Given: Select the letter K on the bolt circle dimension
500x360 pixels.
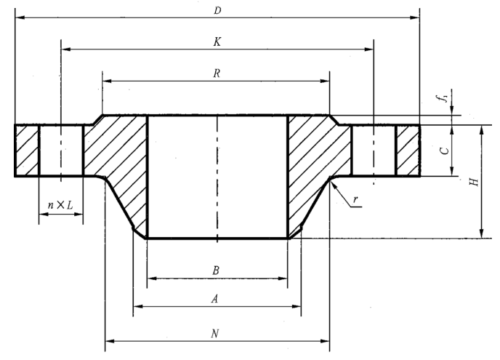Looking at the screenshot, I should pyautogui.click(x=217, y=42).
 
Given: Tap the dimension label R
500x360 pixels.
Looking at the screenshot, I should pyautogui.click(x=217, y=74).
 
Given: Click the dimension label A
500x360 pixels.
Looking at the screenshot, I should pyautogui.click(x=216, y=298).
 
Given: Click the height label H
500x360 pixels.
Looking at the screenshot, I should pyautogui.click(x=474, y=182).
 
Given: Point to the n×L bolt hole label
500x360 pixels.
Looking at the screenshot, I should pyautogui.click(x=60, y=206).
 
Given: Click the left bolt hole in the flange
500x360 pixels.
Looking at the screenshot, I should pyautogui.click(x=61, y=151).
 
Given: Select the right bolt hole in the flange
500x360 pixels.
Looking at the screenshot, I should pyautogui.click(x=374, y=151).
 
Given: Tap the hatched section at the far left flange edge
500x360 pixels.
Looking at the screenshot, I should pyautogui.click(x=27, y=151).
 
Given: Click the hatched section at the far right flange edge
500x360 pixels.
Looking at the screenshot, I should pyautogui.click(x=408, y=151).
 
